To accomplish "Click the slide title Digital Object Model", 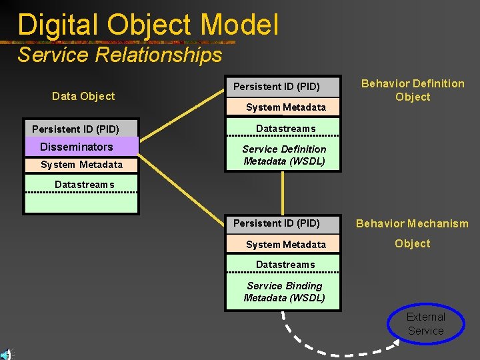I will coord(148,25).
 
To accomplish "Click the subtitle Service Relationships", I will coord(120,55).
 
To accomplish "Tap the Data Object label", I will coord(83,96).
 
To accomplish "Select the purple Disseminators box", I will coord(81,147).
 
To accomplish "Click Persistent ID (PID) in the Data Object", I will coord(76,129).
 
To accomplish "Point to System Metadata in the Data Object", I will coord(81,165).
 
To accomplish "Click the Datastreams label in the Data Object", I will coord(85,185).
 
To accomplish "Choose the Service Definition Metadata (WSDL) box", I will coord(284,155).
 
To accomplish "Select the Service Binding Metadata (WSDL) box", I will coord(284,292).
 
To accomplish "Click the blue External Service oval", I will coord(426,324).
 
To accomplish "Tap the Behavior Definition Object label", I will coord(413,90).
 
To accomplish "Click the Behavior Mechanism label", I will coord(412,223).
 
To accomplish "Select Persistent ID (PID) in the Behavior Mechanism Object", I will coord(277,223).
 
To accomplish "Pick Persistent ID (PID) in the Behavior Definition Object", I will coord(277,87).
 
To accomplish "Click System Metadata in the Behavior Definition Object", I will coord(286,107).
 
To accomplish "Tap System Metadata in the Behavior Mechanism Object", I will coord(286,245).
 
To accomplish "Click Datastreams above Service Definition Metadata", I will coord(286,129).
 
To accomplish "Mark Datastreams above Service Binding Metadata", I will coord(285,265).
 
